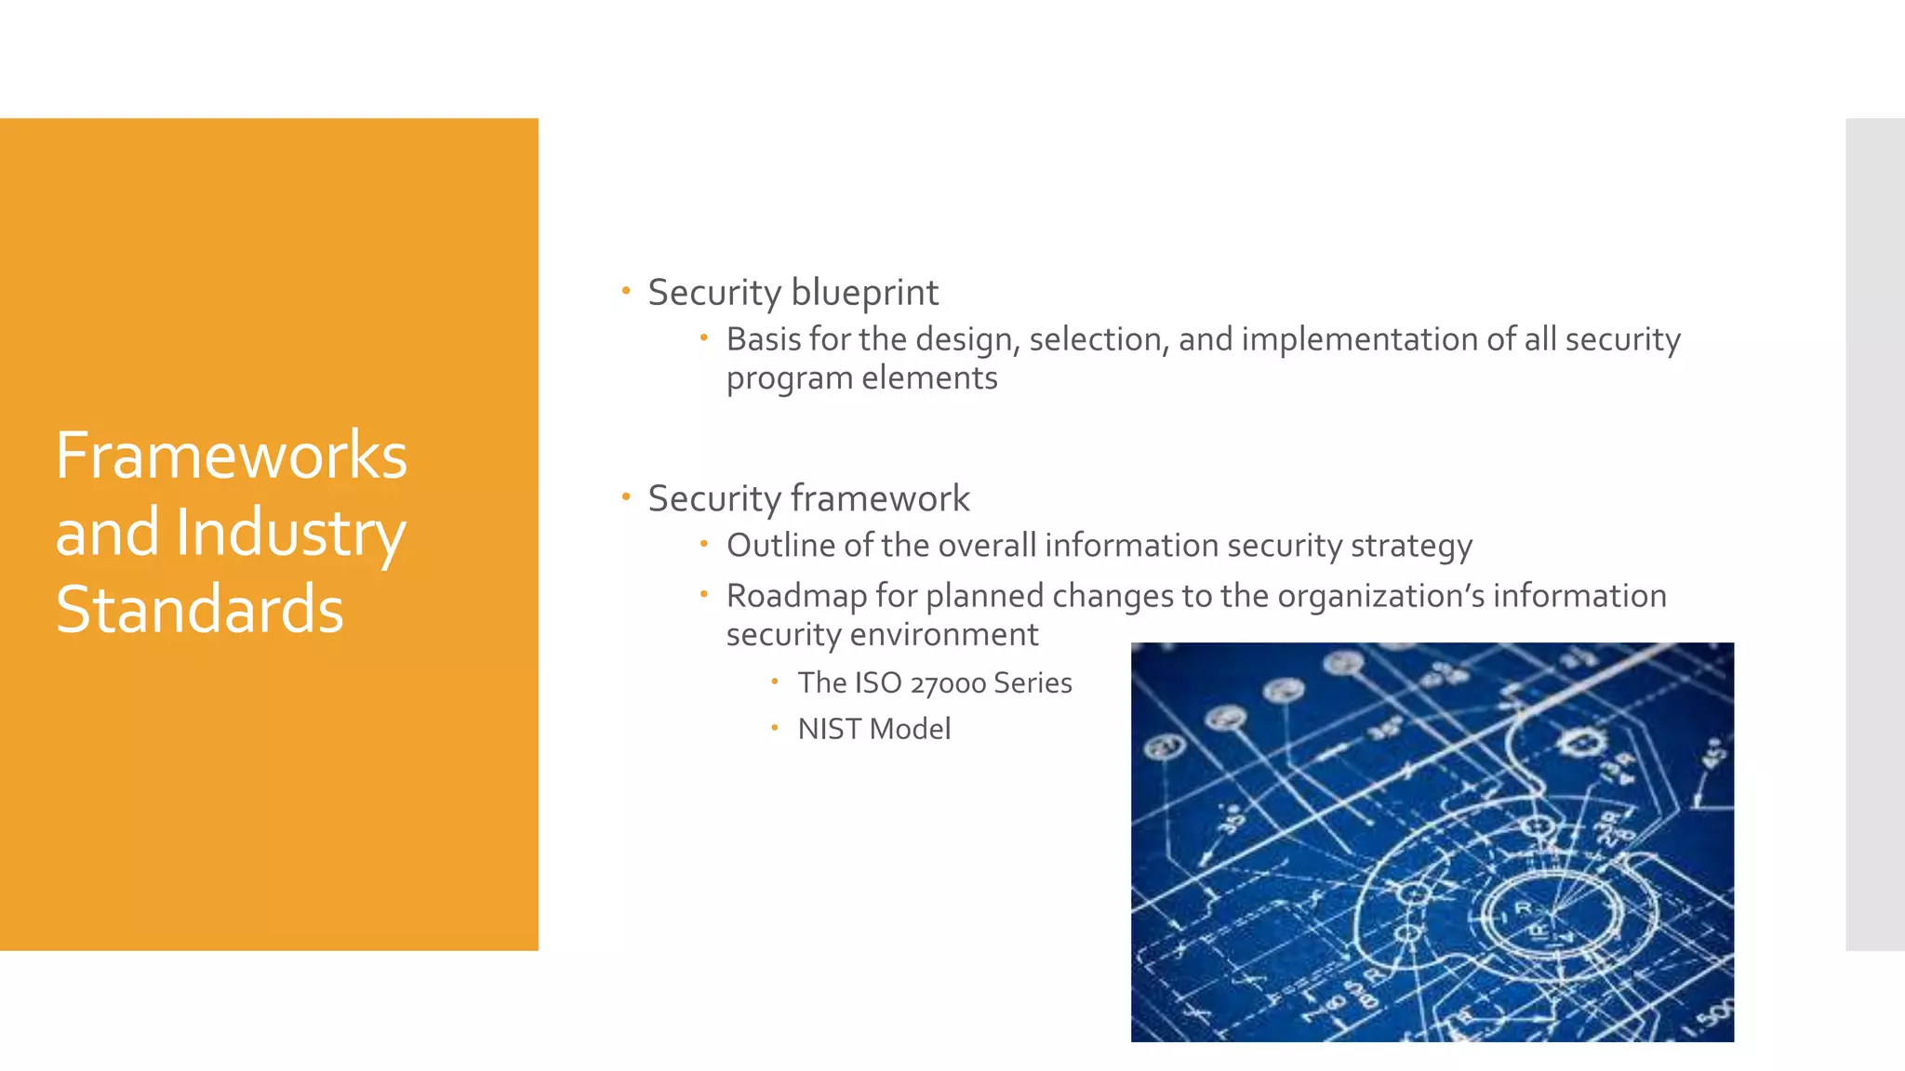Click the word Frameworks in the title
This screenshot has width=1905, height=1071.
[232, 456]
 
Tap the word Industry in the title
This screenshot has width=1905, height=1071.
[290, 533]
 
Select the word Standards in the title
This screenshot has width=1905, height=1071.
[200, 610]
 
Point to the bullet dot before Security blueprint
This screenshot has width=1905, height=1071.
[626, 291]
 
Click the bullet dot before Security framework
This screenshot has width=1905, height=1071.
[626, 497]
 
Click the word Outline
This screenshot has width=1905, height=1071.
[780, 546]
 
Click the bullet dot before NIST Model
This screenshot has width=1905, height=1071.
[774, 728]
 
